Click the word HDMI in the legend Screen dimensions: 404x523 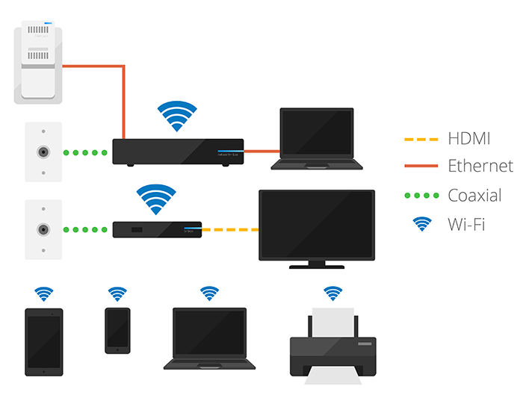point(469,138)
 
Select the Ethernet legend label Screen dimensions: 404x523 point(480,166)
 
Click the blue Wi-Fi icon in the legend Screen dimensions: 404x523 point(422,223)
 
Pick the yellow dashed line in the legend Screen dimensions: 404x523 point(421,139)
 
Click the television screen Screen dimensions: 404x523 point(316,225)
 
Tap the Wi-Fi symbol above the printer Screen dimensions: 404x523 point(332,293)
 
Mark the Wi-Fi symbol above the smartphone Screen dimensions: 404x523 point(117,293)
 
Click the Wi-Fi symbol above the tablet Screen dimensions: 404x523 point(44,293)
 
